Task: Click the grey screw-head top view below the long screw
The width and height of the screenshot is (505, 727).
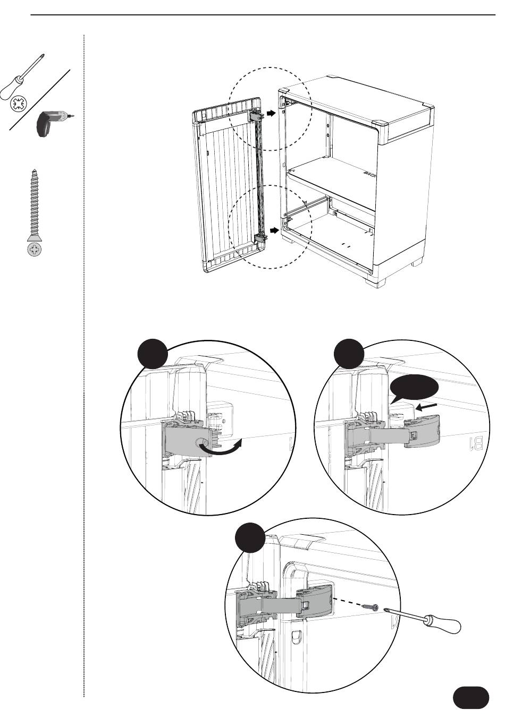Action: pyautogui.click(x=35, y=249)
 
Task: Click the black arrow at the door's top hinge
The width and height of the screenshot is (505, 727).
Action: pyautogui.click(x=271, y=113)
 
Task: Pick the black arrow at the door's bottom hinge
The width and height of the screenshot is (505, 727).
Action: pyautogui.click(x=274, y=230)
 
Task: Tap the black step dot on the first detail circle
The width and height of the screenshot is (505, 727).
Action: pyautogui.click(x=153, y=354)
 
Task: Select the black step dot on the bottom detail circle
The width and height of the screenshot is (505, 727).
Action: pyautogui.click(x=250, y=537)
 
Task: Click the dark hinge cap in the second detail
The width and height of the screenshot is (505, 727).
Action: pyautogui.click(x=423, y=431)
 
